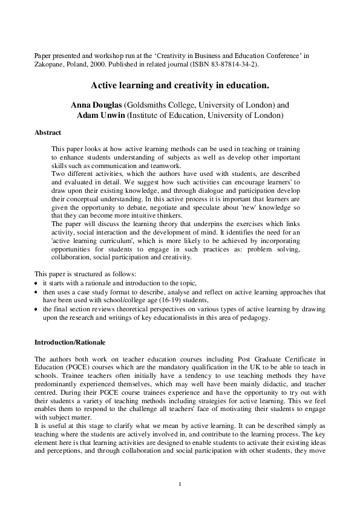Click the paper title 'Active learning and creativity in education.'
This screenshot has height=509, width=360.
tap(180, 86)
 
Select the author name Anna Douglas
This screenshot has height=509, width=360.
tap(96, 105)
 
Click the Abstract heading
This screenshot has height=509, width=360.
tap(47, 132)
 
